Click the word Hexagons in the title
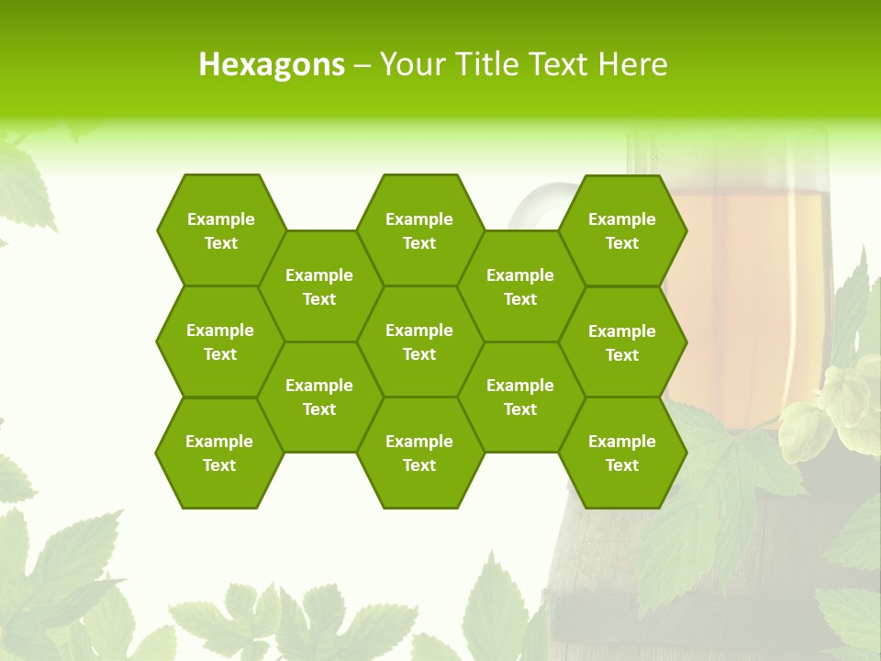coord(272,64)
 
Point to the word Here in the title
coord(633,64)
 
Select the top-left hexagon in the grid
coord(220,230)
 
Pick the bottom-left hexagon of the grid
coord(219,453)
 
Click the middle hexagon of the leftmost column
coord(220,342)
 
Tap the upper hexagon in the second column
coord(319,286)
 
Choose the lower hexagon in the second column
coord(319,397)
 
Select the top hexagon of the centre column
coord(419,230)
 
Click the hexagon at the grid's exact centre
coord(419,342)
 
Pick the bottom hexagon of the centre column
coord(419,453)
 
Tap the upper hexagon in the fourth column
coord(520,286)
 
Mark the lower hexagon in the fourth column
coord(520,397)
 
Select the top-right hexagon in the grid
coord(622,230)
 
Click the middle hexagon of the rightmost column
coord(622,342)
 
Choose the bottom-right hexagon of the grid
coord(622,453)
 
